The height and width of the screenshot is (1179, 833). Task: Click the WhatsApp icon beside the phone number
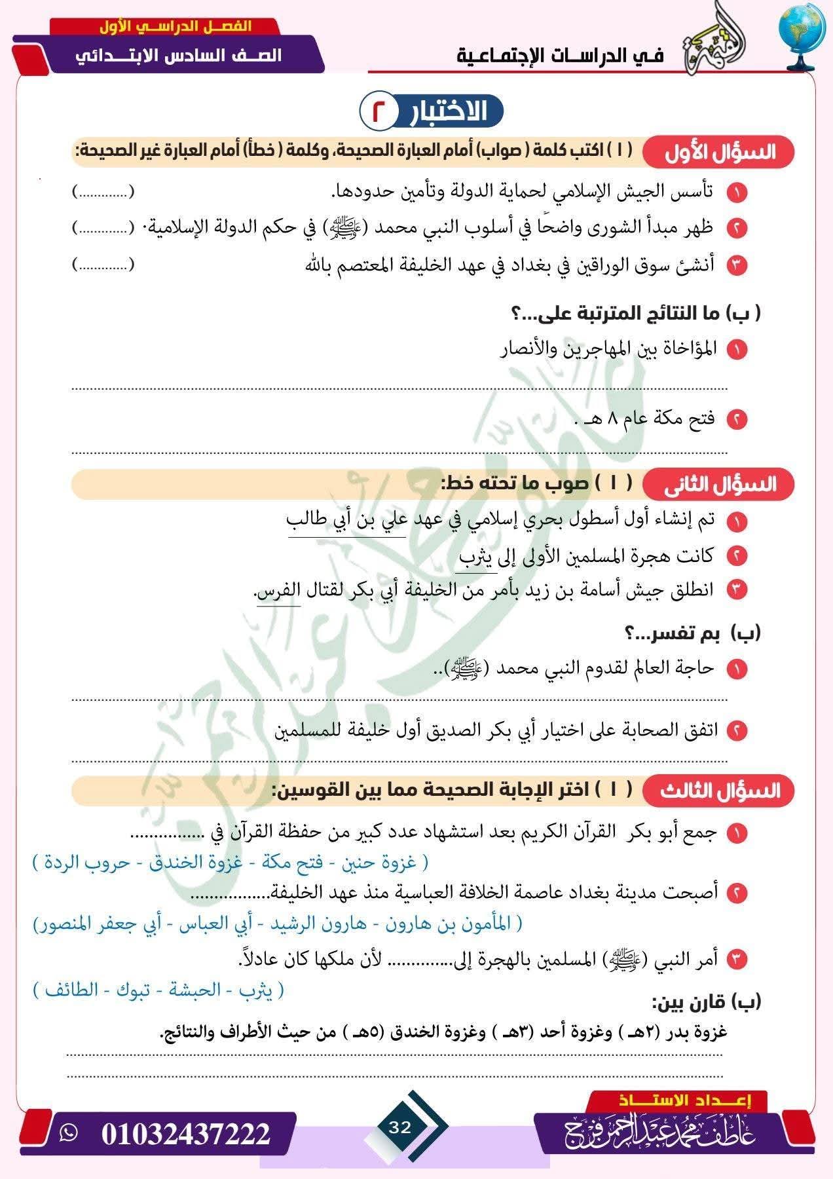click(68, 1133)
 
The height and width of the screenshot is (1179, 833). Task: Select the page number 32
click(399, 1127)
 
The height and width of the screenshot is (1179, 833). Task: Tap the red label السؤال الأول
click(719, 153)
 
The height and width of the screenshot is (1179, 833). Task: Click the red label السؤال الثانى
click(720, 485)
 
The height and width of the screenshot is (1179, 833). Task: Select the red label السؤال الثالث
click(720, 791)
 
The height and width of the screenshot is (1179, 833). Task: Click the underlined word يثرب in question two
click(475, 557)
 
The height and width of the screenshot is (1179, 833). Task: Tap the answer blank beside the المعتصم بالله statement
click(103, 265)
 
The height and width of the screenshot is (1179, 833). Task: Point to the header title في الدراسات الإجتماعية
click(560, 56)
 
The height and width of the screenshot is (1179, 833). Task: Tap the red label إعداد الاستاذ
click(684, 1100)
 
